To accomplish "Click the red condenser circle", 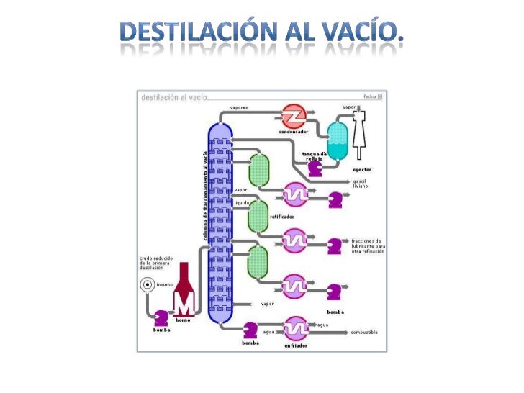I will click(293, 115).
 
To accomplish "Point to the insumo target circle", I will click(146, 284).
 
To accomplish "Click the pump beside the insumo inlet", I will click(162, 317).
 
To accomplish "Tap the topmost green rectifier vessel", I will click(258, 170).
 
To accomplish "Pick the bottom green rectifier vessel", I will click(258, 261).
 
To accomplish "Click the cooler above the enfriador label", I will click(295, 328).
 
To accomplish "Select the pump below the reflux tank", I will click(315, 167).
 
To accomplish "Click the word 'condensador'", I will click(293, 132).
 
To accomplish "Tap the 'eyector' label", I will click(362, 170).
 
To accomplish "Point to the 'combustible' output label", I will click(364, 332).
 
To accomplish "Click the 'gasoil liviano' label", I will click(361, 184).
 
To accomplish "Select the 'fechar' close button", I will click(373, 96).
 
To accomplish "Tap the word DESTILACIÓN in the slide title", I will click(195, 32).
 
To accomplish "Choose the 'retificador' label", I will click(279, 215).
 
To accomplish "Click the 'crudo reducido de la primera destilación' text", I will click(155, 263).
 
